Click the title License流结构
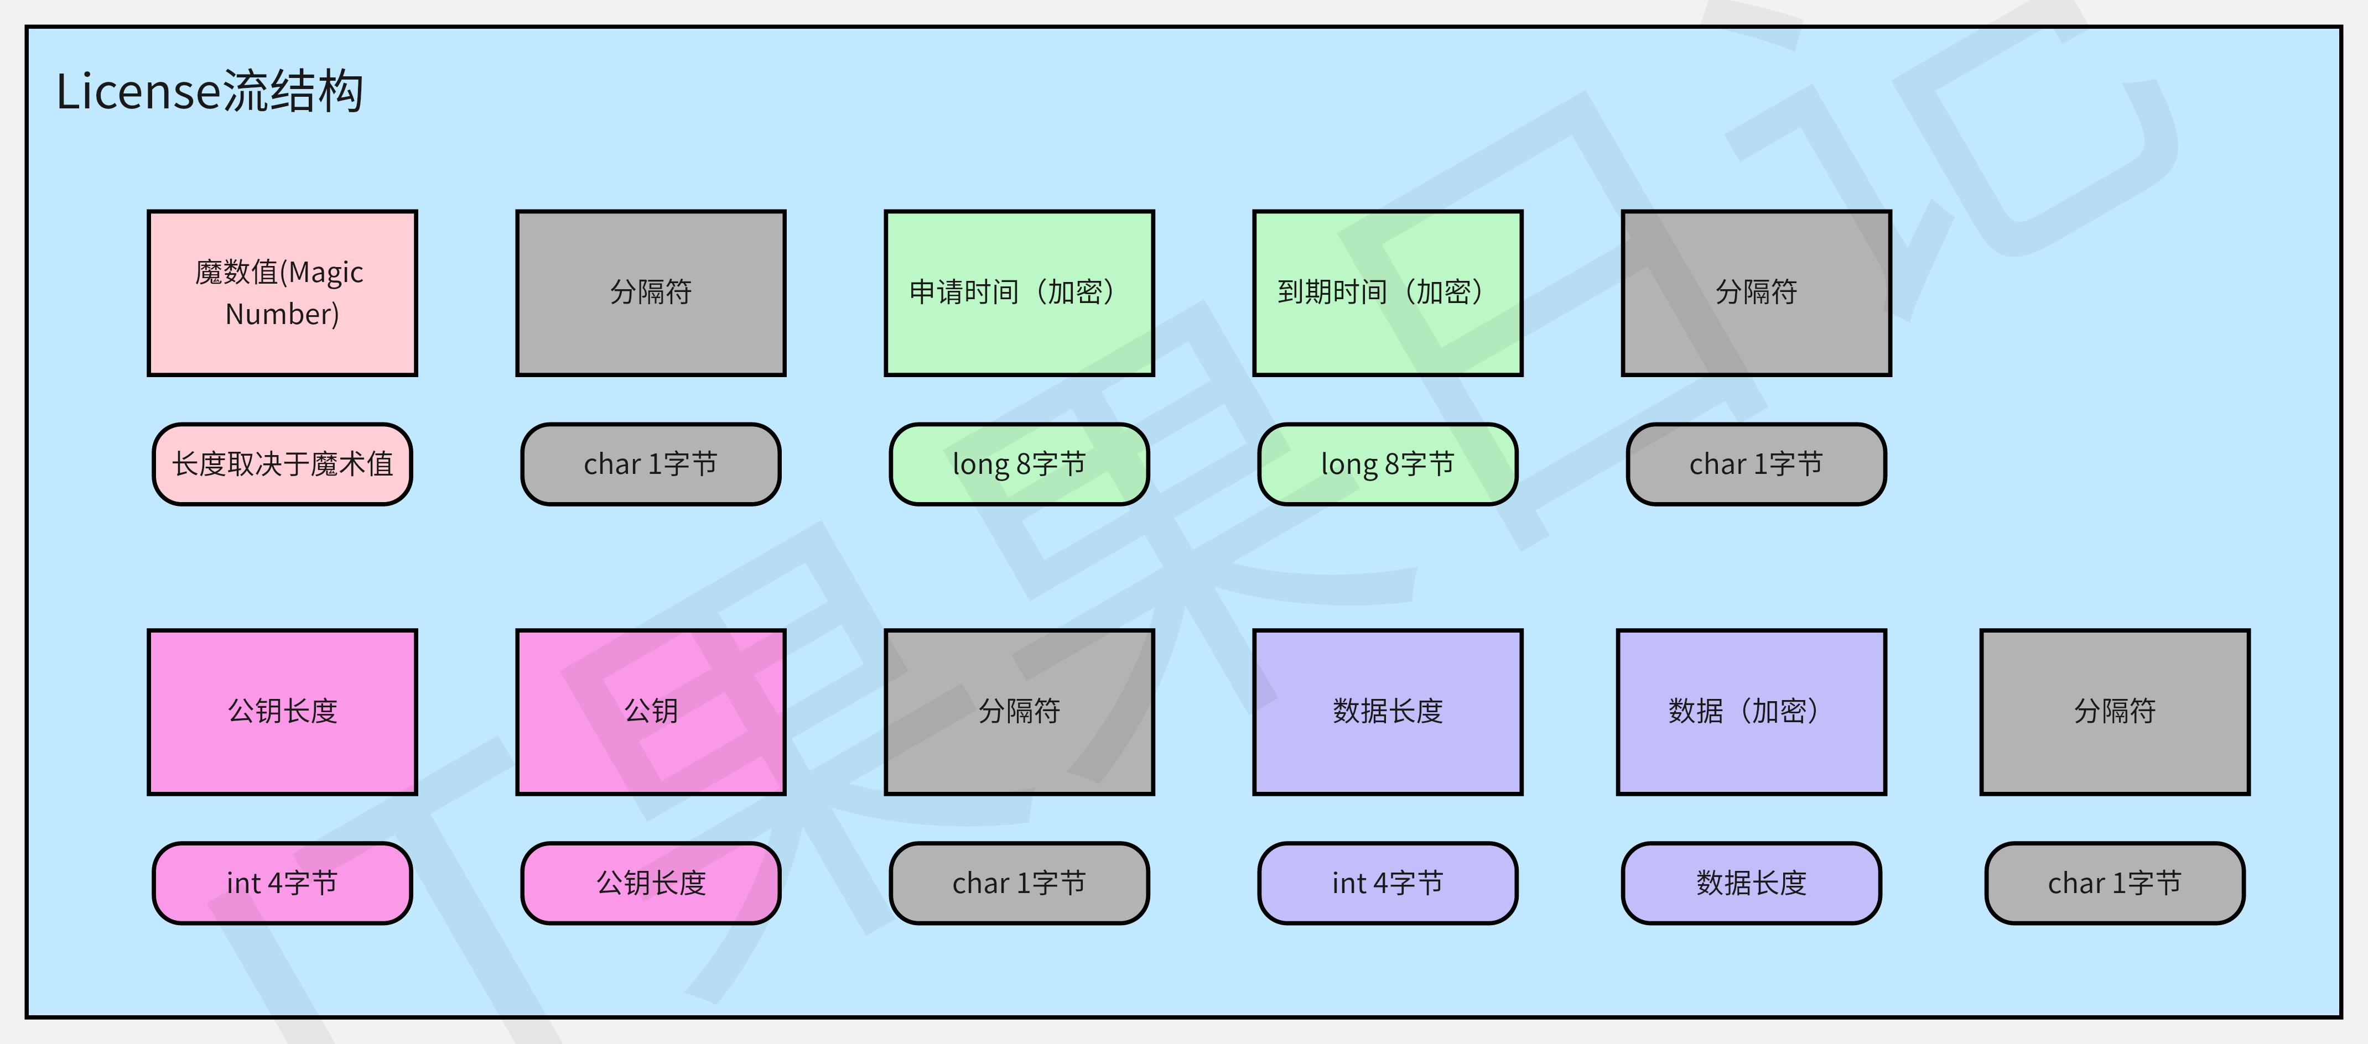[210, 92]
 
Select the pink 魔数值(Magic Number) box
[282, 293]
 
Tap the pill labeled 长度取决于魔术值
[282, 464]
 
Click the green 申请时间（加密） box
[1019, 293]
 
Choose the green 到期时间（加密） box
[1387, 293]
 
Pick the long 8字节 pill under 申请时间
[1019, 464]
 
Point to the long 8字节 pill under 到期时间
[1387, 464]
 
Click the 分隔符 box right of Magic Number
[651, 293]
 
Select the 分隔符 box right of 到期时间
[1756, 293]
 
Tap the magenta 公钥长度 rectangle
[282, 711]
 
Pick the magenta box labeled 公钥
[651, 711]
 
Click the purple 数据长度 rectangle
[1387, 711]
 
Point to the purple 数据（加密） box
[1751, 711]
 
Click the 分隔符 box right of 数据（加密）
[2114, 711]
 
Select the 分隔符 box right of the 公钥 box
[1019, 711]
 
